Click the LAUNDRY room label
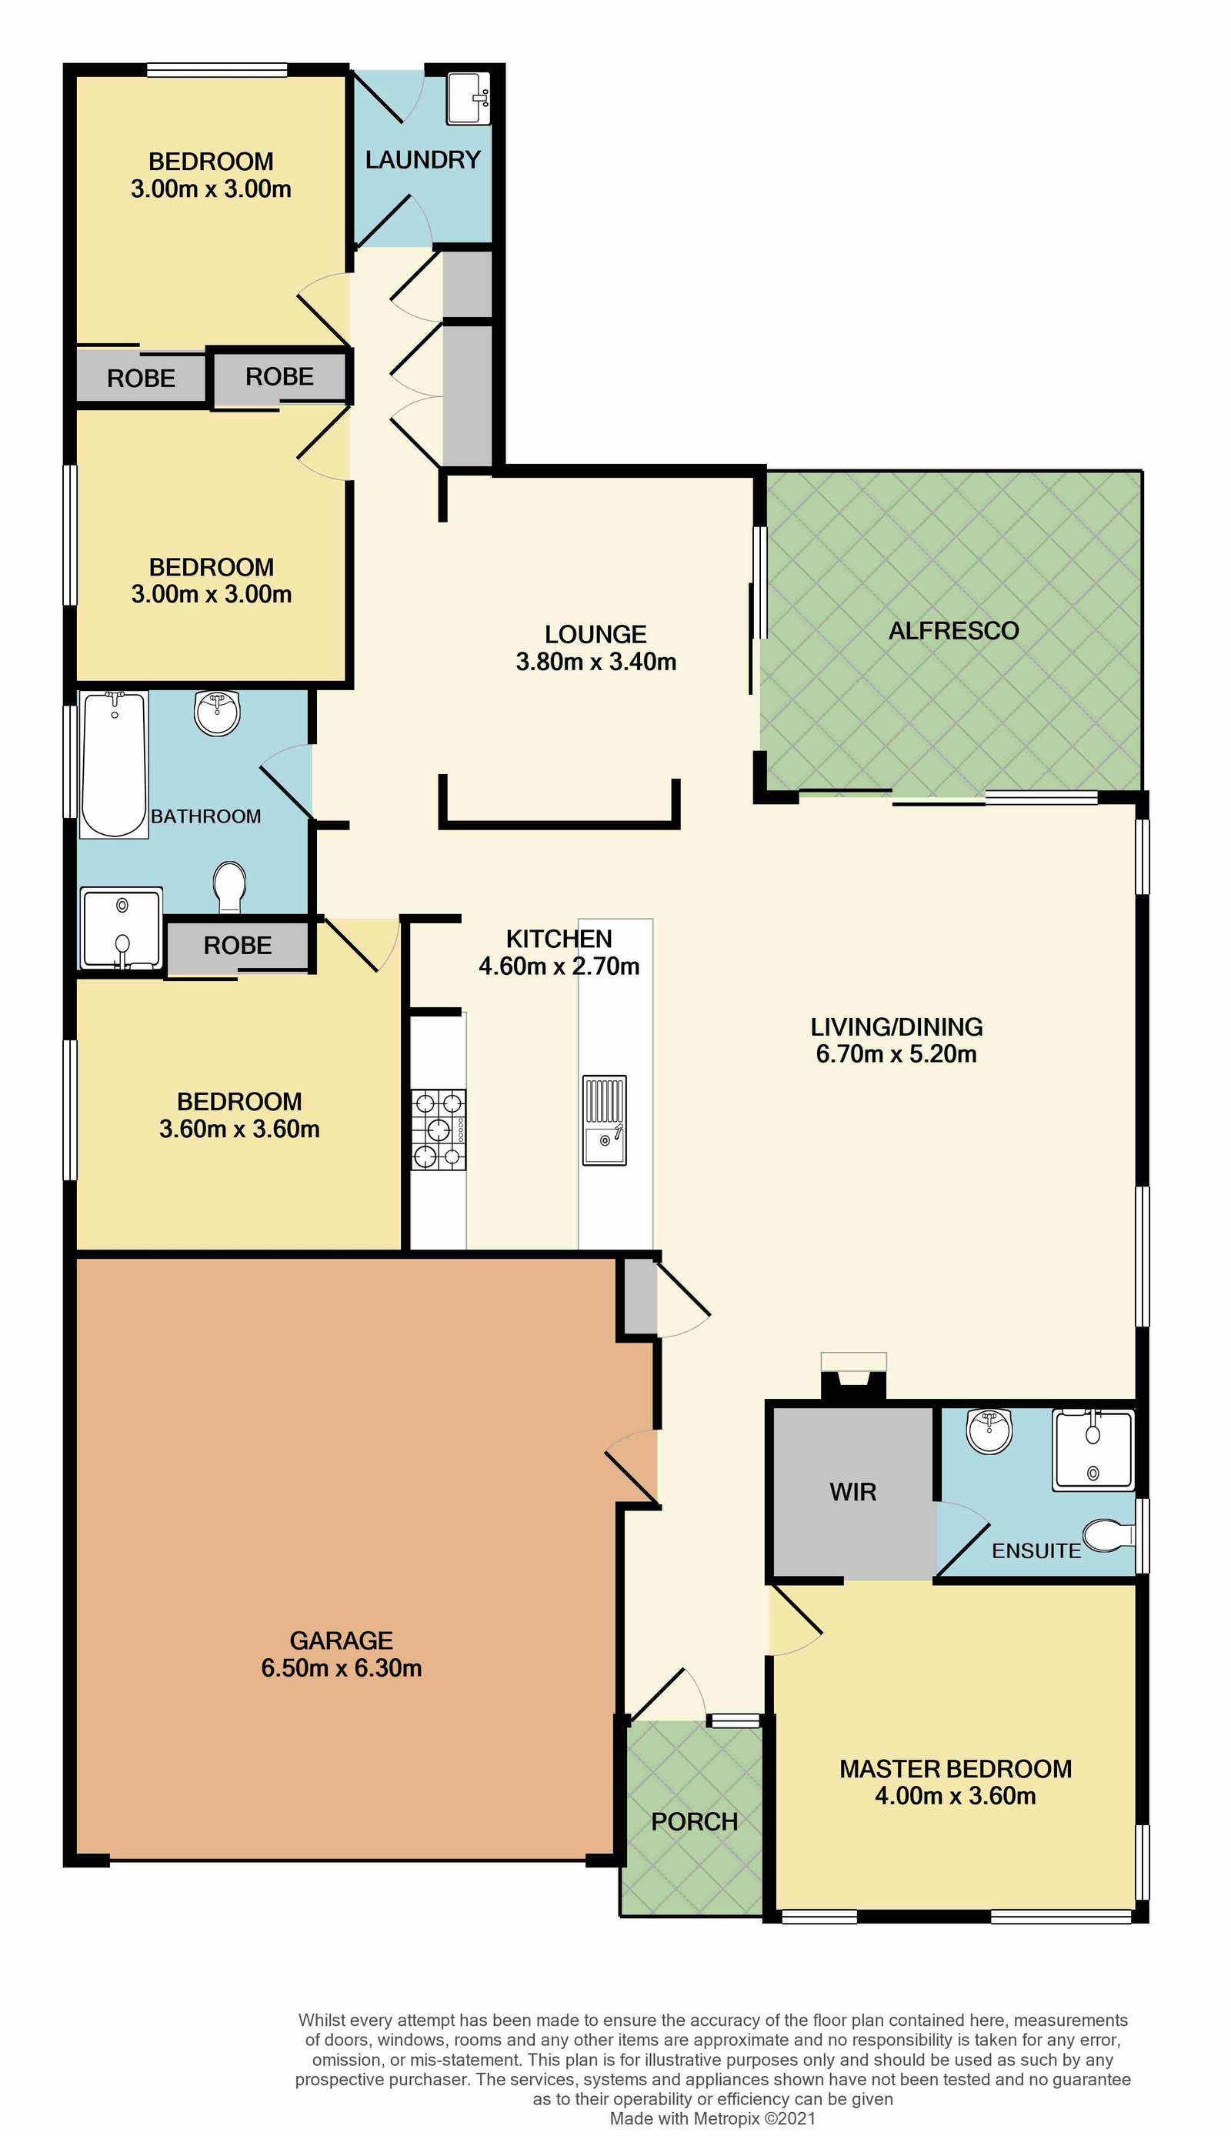pos(422,160)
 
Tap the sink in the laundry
pos(468,99)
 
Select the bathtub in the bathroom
pos(114,764)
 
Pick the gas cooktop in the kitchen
pos(439,1130)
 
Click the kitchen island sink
pos(605,1120)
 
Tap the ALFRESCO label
pos(954,631)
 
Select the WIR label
pos(853,1492)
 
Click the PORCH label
pos(694,1821)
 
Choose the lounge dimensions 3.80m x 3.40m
pos(596,662)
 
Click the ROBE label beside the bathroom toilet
pos(238,945)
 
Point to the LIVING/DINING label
pos(896,1027)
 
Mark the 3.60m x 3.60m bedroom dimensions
pos(239,1129)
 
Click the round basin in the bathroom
pos(217,713)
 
